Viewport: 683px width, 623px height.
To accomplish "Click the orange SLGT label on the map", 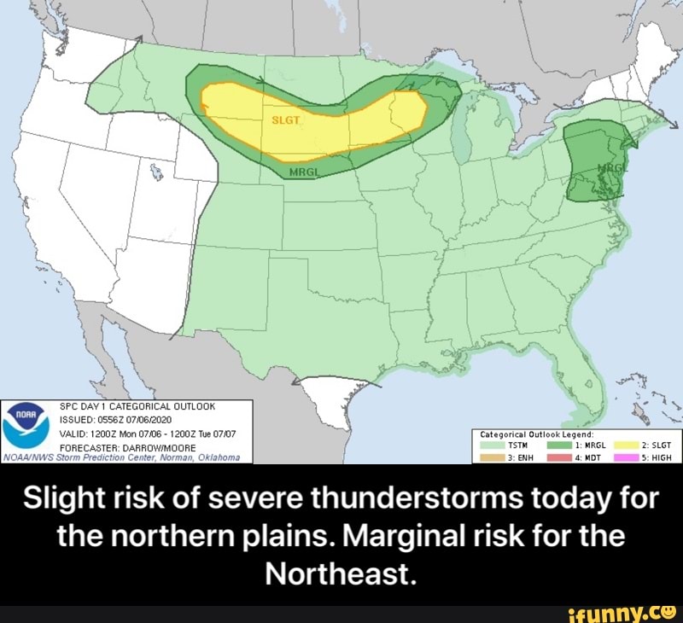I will click(286, 120).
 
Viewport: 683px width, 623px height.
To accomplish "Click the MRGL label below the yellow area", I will click(299, 171).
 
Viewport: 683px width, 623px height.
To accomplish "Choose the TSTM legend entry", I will click(504, 444).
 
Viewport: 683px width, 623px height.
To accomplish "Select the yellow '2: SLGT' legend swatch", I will click(628, 444).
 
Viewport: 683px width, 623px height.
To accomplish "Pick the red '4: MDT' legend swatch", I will click(559, 456).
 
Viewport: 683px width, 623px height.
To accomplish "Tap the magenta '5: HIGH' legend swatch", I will click(628, 456).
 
